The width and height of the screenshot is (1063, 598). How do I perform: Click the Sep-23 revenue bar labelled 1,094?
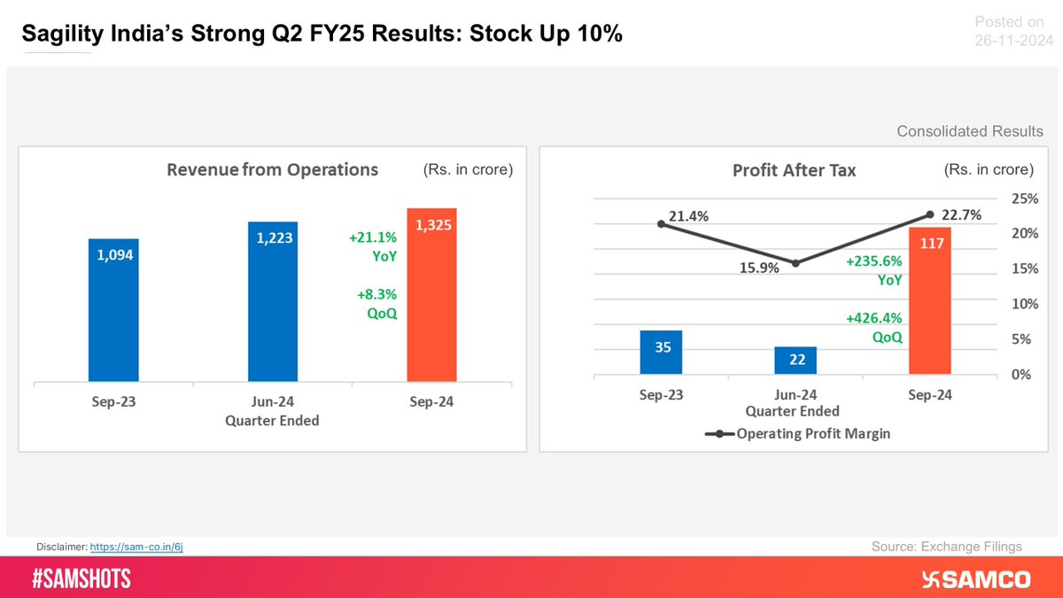[113, 310]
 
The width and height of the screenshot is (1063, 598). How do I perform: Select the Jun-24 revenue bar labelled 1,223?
[273, 302]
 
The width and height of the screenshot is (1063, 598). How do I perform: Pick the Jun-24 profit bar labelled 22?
[795, 361]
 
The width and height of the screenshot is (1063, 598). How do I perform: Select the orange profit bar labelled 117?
[930, 301]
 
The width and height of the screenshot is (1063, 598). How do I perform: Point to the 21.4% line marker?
[662, 224]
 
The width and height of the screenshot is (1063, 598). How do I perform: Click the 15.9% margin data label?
[759, 268]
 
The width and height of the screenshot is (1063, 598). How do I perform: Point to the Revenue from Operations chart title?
[273, 169]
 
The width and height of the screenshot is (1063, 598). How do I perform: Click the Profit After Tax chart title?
[794, 170]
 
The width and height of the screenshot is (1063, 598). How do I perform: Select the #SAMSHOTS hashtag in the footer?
[81, 579]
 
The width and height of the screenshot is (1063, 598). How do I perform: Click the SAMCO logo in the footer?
[976, 579]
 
